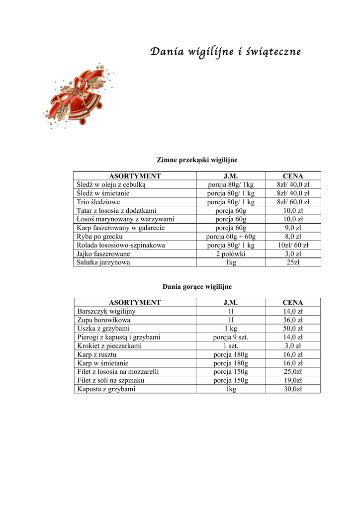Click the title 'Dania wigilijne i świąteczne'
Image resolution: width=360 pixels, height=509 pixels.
225,52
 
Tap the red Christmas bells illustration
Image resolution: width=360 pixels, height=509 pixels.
77,96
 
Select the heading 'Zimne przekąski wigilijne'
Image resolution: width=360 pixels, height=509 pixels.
197,160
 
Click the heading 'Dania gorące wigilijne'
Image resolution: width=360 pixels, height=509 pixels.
197,287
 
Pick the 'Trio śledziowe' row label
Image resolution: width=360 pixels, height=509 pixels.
98,202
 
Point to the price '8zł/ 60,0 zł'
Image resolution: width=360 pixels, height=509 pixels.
293,202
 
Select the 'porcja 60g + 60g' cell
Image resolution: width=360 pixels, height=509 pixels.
231,237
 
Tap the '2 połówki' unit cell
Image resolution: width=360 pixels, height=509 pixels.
231,254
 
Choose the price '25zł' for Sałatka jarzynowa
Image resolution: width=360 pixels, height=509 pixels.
293,262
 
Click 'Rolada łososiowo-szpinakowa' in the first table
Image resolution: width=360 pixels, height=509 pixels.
121,245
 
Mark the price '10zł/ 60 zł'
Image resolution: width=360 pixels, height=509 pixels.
293,245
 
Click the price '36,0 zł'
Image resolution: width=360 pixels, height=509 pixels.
293,320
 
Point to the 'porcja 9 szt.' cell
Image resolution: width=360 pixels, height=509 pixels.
231,337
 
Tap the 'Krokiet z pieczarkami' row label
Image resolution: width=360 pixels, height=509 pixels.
109,346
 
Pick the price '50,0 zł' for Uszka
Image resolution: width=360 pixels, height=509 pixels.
293,329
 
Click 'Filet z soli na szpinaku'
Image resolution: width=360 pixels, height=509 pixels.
114,380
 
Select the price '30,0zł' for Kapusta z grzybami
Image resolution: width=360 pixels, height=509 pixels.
293,389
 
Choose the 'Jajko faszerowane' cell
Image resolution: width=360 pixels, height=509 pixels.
103,254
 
